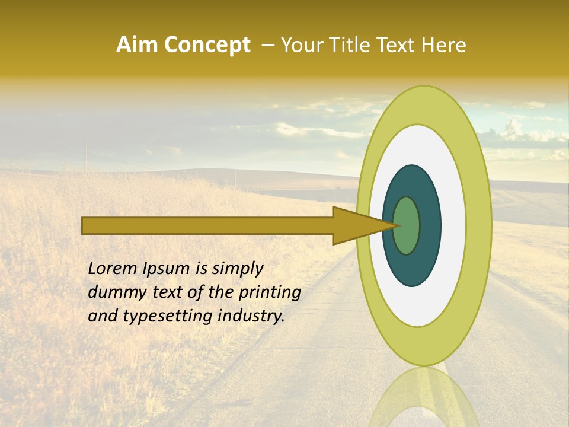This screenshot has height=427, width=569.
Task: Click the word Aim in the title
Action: (x=136, y=45)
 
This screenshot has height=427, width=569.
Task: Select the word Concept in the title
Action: (x=206, y=45)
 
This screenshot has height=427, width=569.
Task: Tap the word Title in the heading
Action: (x=344, y=45)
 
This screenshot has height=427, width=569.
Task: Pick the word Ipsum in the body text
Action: (x=170, y=268)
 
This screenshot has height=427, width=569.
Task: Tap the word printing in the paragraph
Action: (x=270, y=293)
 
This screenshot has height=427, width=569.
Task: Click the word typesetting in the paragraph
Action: (x=156, y=316)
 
